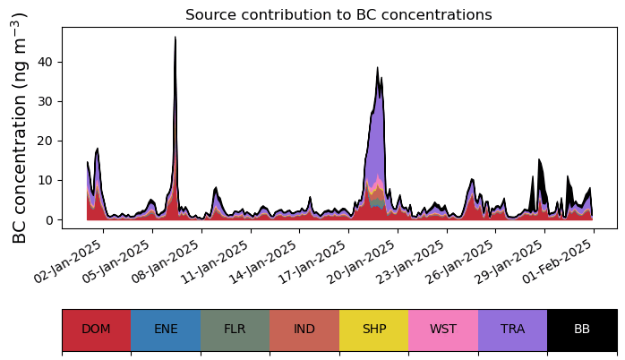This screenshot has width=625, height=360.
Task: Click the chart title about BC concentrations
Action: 338,15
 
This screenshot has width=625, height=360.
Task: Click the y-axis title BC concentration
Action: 20,127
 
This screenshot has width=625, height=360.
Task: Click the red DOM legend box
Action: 96,330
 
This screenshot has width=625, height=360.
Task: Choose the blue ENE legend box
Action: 166,330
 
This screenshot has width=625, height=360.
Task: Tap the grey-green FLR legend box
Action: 235,330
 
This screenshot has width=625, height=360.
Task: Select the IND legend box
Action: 304,330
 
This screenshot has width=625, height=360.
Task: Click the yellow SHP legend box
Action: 373,330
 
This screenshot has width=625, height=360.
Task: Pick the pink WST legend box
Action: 443,330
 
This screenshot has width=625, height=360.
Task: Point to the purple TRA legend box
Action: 512,330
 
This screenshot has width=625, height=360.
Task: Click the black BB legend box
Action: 582,330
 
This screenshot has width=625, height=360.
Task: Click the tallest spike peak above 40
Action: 176,39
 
